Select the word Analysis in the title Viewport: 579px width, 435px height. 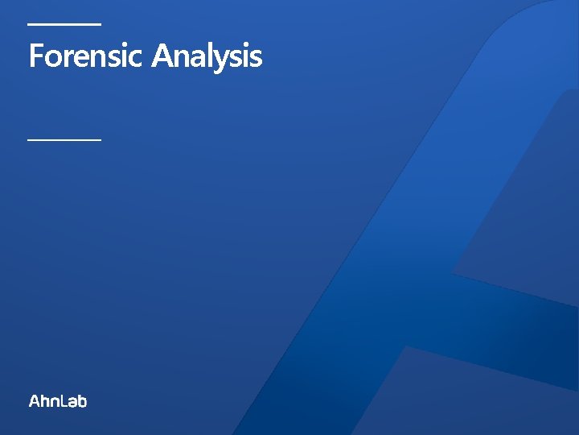[x=207, y=57]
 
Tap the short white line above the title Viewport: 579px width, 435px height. [x=64, y=24]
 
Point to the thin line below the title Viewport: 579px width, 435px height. [x=64, y=139]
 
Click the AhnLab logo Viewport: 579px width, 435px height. [x=58, y=400]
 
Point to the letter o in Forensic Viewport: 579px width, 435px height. [x=50, y=59]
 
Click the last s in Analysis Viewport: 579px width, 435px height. [x=256, y=59]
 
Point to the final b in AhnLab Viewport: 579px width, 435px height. [x=82, y=400]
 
